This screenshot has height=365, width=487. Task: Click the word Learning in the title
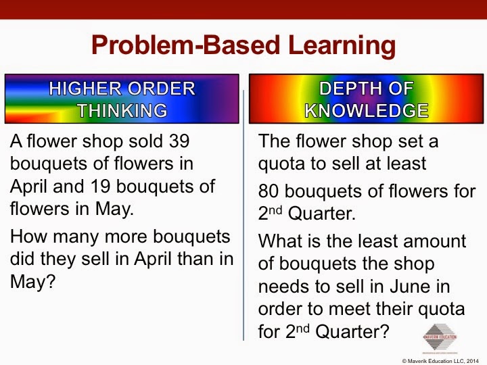pyautogui.click(x=342, y=46)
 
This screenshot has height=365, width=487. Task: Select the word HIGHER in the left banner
pyautogui.click(x=85, y=89)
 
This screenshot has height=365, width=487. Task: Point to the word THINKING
pyautogui.click(x=122, y=110)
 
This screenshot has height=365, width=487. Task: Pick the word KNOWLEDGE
pyautogui.click(x=367, y=110)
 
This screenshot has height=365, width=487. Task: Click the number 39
pyautogui.click(x=179, y=141)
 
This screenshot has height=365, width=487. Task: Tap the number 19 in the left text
pyautogui.click(x=101, y=187)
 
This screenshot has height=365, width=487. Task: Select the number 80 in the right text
pyautogui.click(x=269, y=191)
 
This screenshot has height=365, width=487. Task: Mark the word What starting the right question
pyautogui.click(x=284, y=241)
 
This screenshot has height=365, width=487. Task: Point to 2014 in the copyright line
pyautogui.click(x=472, y=361)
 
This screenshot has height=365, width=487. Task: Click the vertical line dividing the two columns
pyautogui.click(x=243, y=215)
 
